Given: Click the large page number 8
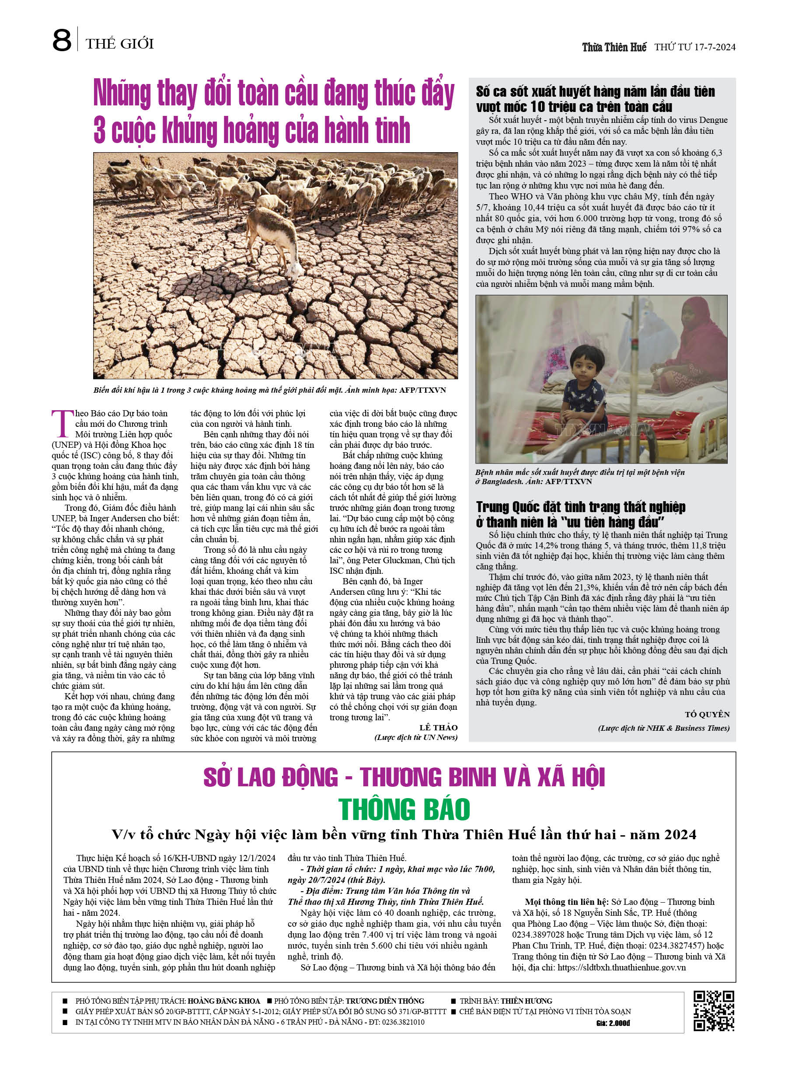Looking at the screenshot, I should (62, 40).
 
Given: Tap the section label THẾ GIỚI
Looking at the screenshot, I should (120, 44).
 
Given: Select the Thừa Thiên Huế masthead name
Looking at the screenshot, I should (614, 47).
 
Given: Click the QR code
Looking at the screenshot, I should (714, 1011).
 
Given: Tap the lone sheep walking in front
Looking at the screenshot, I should (273, 239).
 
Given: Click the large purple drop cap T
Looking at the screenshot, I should (63, 423).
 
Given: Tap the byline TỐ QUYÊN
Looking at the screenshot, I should (707, 714).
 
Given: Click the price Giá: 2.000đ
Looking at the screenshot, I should (613, 1023).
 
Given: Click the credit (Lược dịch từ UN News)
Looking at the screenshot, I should (416, 738).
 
